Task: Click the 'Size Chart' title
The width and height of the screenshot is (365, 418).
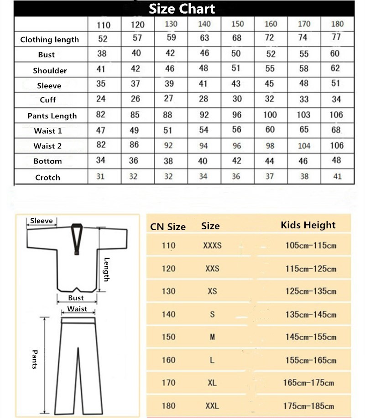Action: [x=182, y=8]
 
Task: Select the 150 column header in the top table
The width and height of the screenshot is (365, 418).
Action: [x=237, y=24]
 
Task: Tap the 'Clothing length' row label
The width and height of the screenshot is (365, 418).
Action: [x=49, y=40]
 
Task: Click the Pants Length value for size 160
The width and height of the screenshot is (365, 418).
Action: [x=270, y=115]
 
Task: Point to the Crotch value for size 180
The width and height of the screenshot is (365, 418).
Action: [x=337, y=176]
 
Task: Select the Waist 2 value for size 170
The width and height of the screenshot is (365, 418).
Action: [x=304, y=146]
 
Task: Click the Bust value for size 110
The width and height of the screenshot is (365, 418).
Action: [x=102, y=53]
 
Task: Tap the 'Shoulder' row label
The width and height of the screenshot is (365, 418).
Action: [x=50, y=70]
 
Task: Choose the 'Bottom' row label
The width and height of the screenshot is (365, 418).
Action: [x=47, y=161]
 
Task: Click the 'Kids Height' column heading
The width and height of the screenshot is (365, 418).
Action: [x=308, y=225]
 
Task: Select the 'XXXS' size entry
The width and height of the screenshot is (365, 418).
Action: [x=212, y=245]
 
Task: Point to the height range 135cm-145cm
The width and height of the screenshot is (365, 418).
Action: [x=311, y=314]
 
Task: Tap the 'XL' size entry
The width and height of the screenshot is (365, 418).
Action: [x=212, y=383]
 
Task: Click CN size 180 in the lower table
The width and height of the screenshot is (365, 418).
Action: [x=168, y=406]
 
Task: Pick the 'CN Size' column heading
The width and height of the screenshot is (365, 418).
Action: [x=168, y=227]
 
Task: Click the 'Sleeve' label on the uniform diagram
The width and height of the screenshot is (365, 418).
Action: [x=42, y=221]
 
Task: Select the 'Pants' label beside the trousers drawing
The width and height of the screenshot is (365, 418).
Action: [x=34, y=360]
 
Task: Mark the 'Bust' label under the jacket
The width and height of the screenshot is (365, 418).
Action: [x=76, y=298]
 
